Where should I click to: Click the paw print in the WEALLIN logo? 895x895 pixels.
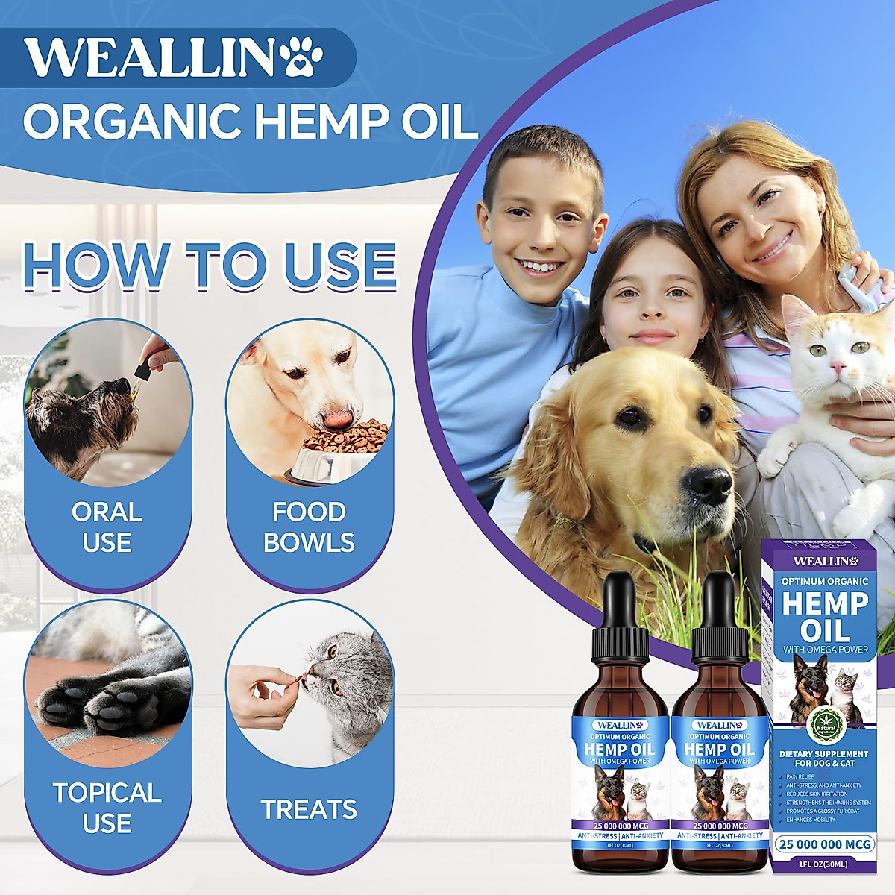coord(304,57)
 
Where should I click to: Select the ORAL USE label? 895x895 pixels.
coord(107,527)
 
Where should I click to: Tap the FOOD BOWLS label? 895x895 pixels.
coord(309,527)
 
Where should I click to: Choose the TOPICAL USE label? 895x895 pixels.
coord(107,807)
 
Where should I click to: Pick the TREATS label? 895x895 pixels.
coord(309,809)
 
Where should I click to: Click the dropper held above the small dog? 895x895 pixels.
coord(141,370)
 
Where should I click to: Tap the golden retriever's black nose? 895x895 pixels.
coord(709,483)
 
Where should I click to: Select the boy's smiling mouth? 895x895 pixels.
coord(540,266)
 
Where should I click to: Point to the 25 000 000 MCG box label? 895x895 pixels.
coord(824,844)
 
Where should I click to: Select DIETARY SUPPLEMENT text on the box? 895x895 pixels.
coord(824,754)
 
